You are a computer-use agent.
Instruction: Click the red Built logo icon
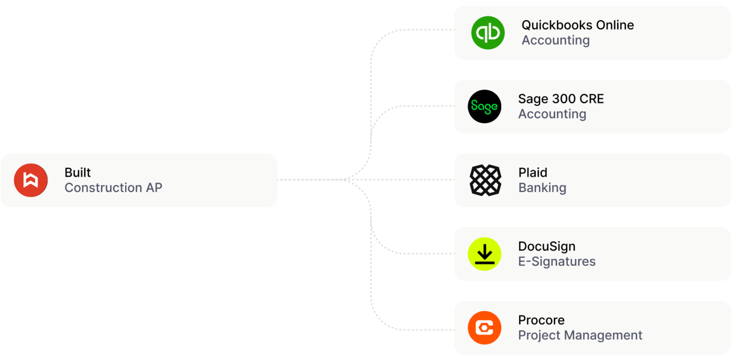[31, 180]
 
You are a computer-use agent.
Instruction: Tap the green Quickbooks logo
[487, 32]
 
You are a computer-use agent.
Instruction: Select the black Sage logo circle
[484, 106]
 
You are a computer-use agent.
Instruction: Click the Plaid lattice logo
[485, 180]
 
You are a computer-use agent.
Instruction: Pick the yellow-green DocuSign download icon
[484, 254]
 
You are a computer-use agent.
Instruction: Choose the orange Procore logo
[484, 328]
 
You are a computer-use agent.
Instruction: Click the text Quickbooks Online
[577, 25]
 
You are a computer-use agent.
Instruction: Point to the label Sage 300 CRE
[561, 99]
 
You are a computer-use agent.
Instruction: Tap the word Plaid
[533, 172]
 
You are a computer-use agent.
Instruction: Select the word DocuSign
[546, 246]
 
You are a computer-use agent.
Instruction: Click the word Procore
[541, 320]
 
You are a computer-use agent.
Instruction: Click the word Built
[78, 172]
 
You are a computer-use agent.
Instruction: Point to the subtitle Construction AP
[113, 188]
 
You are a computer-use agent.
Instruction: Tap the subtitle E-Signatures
[556, 261]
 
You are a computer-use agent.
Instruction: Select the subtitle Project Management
[580, 335]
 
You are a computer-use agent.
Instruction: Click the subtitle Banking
[542, 188]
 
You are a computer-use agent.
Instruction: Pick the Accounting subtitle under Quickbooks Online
[555, 40]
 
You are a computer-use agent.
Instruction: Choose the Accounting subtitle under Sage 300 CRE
[552, 114]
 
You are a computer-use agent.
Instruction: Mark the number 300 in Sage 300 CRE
[563, 99]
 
